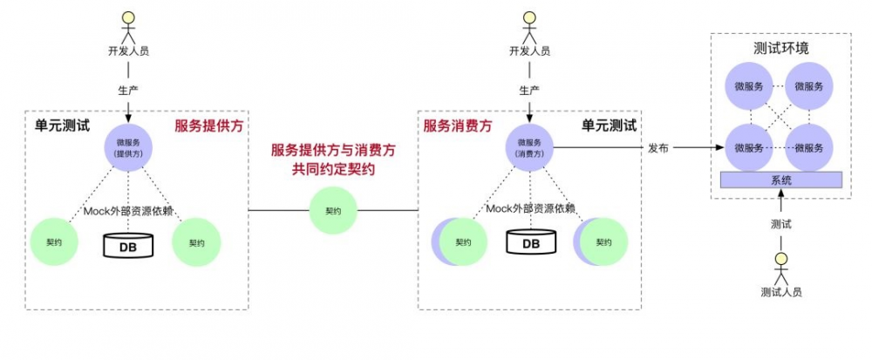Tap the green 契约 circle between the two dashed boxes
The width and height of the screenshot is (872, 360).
[x=333, y=211]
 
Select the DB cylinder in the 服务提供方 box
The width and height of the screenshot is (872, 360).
[x=128, y=245]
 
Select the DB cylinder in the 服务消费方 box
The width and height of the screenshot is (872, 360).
[x=530, y=243]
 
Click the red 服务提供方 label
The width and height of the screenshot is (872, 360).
[x=208, y=126]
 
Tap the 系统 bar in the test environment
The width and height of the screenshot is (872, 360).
[x=781, y=180]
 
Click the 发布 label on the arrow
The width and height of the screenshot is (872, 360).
[x=658, y=148]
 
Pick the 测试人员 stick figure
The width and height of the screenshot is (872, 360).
[x=781, y=265]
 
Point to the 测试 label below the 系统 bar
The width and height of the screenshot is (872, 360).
[x=781, y=224]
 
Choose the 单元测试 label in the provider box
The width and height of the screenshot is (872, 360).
[x=62, y=126]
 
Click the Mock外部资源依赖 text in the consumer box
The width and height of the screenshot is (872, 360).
[x=530, y=208]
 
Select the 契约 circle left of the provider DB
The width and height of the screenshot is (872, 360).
[x=54, y=243]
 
